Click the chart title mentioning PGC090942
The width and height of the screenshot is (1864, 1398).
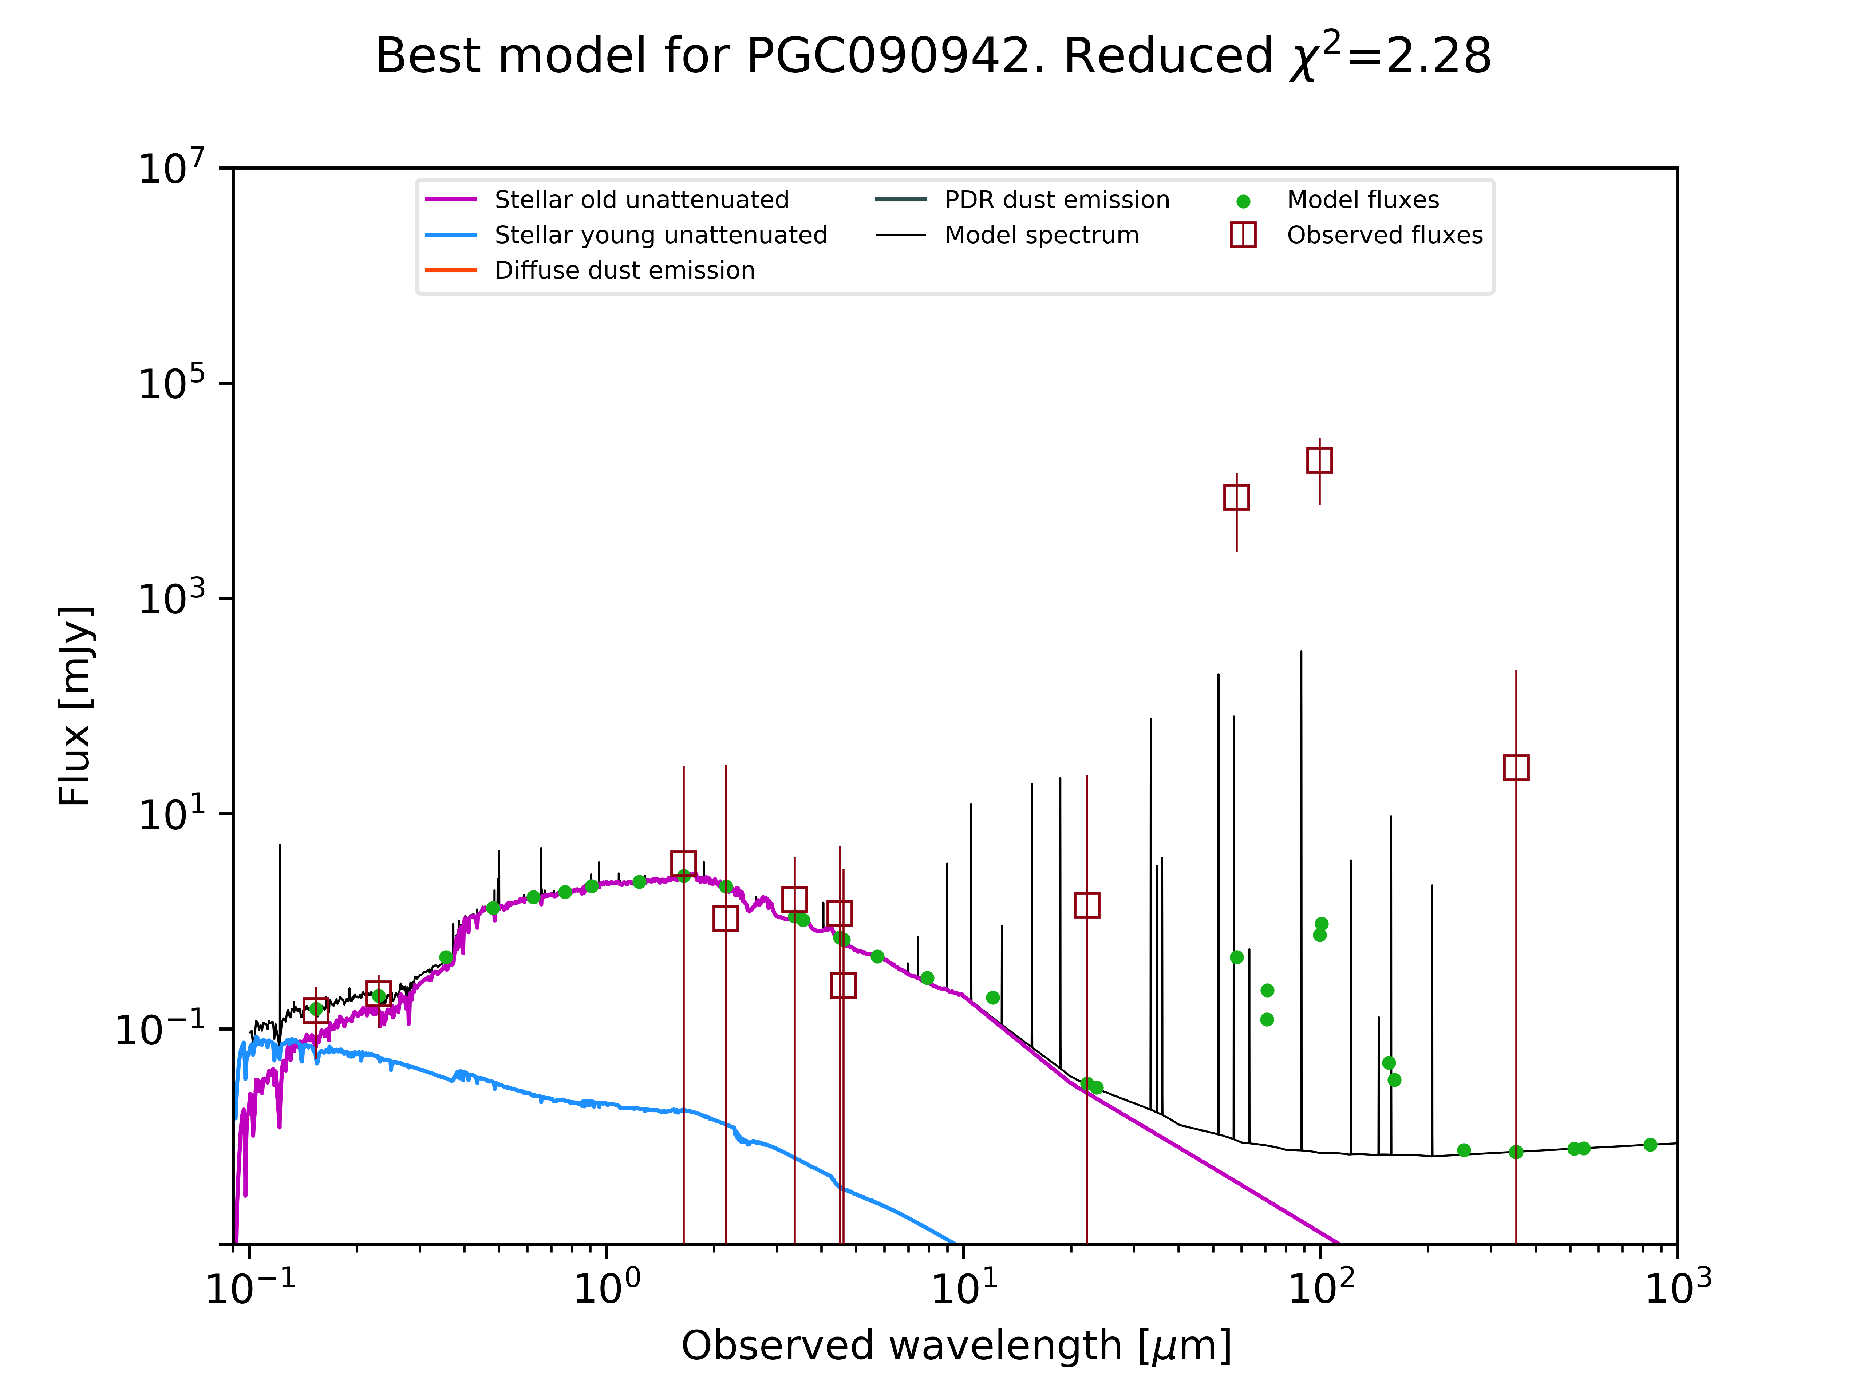coord(933,56)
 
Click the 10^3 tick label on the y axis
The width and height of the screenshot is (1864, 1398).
coord(171,598)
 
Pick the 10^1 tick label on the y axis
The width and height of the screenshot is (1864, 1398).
coord(171,814)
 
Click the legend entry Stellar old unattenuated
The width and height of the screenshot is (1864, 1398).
coord(641,200)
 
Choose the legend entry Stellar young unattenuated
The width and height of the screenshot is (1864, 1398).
coord(661,235)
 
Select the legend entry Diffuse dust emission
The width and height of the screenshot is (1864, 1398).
coord(624,270)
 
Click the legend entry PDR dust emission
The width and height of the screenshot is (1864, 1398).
coord(1057,200)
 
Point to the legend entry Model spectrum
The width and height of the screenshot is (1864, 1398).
coord(1042,235)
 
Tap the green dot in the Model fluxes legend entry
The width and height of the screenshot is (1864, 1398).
coord(1243,201)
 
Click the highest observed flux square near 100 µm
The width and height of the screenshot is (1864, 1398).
coord(1320,460)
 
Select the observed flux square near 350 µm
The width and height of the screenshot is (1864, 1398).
coord(1516,768)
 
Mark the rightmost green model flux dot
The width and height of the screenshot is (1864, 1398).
coord(1650,1144)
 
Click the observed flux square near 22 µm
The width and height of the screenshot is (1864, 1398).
coord(1087,905)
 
